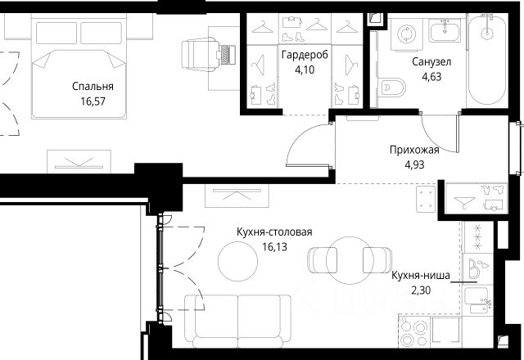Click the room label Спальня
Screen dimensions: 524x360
(93, 87)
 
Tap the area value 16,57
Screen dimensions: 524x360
(93, 101)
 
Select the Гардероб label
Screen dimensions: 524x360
(305, 55)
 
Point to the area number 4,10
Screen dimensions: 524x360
(305, 70)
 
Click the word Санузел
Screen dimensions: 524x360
(431, 62)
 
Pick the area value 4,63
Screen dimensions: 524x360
(431, 77)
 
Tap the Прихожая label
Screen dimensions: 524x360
(414, 150)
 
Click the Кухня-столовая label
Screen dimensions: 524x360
(274, 232)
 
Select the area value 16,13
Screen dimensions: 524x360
(274, 247)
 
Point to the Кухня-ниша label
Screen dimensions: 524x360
(421, 276)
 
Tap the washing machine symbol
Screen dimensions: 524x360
(406, 34)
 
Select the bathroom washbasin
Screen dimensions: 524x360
(445, 30)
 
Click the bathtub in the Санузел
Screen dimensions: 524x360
(487, 60)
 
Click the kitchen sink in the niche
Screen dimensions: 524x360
(477, 299)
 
